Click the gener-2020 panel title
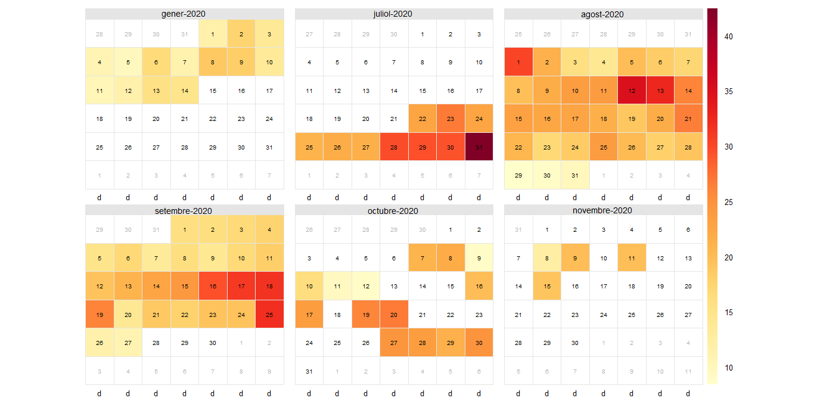tap(184, 14)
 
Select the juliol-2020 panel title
tap(394, 14)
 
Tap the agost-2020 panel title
tap(603, 14)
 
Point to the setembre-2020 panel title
tap(184, 210)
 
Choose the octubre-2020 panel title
tap(394, 210)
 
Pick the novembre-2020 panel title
tap(603, 210)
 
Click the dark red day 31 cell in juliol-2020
tap(479, 147)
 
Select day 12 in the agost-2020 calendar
tap(632, 91)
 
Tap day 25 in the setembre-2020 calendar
tap(269, 315)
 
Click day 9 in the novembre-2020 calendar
tap(575, 258)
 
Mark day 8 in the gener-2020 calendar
tap(213, 62)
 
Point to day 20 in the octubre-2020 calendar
tap(394, 315)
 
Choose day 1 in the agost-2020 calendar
tap(518, 62)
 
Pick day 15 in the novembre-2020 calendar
tap(547, 286)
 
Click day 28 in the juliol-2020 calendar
tap(394, 147)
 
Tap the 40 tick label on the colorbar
tap(729, 36)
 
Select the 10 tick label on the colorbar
tap(729, 368)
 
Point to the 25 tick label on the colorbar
tap(729, 202)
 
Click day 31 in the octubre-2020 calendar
tap(309, 371)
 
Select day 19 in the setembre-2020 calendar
tap(100, 315)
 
